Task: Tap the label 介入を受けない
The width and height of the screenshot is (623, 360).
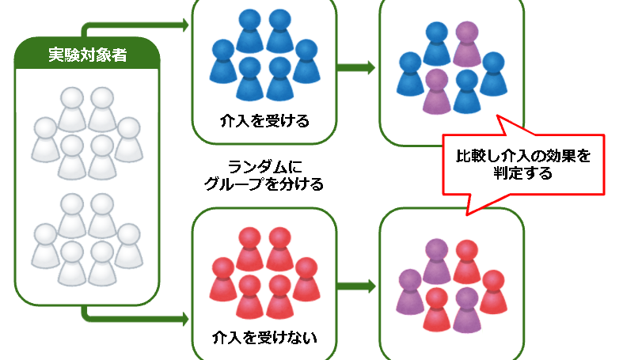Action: pyautogui.click(x=264, y=338)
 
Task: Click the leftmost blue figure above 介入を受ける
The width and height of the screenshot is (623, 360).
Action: pyautogui.click(x=223, y=59)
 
